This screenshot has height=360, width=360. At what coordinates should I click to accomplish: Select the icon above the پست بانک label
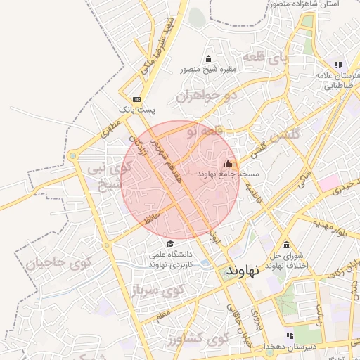pos(136,99)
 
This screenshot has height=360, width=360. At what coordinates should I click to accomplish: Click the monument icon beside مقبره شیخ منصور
pos(208,58)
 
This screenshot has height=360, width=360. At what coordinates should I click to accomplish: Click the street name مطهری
pos(111,128)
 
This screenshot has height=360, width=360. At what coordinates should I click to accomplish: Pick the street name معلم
pos(162,317)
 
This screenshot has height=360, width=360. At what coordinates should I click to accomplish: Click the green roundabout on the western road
pos(72,156)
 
